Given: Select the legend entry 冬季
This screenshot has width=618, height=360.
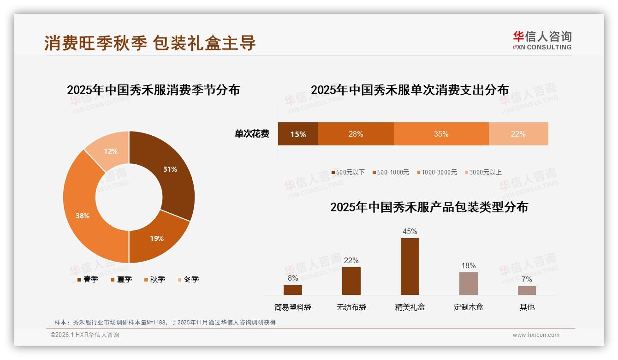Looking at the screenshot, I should click(x=188, y=279).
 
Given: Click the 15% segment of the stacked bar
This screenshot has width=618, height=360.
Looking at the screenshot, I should click(x=298, y=134).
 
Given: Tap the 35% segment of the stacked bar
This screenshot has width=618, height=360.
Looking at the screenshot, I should click(x=441, y=134).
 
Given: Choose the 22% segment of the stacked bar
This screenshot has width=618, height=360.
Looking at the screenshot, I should click(x=518, y=134).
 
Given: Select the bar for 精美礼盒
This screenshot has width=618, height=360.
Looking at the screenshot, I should click(x=410, y=266).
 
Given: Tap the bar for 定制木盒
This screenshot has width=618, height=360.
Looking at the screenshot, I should click(x=468, y=283).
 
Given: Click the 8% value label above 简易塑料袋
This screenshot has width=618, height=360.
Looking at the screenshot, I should click(x=293, y=278).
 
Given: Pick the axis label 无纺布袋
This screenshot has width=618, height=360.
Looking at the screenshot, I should click(x=351, y=307).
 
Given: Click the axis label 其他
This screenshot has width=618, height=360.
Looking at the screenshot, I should click(x=527, y=307).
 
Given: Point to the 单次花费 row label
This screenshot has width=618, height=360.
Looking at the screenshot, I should click(x=252, y=134).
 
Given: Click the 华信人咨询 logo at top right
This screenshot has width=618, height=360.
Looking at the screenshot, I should click(x=542, y=40).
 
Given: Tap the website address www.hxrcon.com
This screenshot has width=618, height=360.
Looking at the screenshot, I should click(x=536, y=335).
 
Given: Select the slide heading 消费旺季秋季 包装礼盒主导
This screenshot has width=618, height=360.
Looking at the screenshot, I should click(x=150, y=43).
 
